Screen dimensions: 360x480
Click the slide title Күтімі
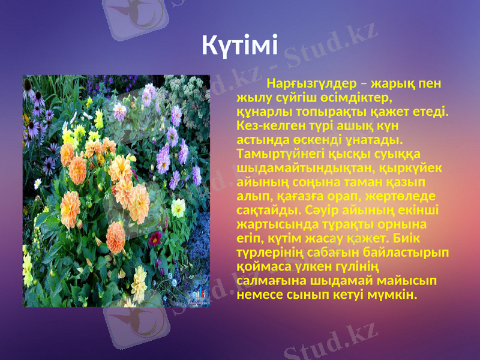[x=239, y=44]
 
